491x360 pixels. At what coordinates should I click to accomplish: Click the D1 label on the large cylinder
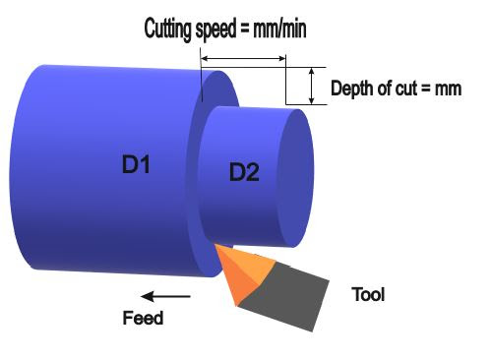pyautogui.click(x=135, y=164)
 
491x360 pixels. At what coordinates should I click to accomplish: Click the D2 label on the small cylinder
pyautogui.click(x=244, y=173)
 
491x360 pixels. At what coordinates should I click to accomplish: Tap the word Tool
pyautogui.click(x=368, y=294)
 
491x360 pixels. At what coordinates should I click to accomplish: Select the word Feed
pyautogui.click(x=142, y=318)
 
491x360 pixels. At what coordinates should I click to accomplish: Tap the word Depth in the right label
pyautogui.click(x=348, y=90)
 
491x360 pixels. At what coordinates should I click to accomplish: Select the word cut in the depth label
pyautogui.click(x=405, y=90)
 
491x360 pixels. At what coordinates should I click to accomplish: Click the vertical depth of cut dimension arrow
pyautogui.click(x=312, y=87)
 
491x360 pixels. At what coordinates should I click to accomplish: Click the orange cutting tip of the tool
pyautogui.click(x=240, y=274)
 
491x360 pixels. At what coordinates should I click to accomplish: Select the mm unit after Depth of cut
pyautogui.click(x=449, y=90)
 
